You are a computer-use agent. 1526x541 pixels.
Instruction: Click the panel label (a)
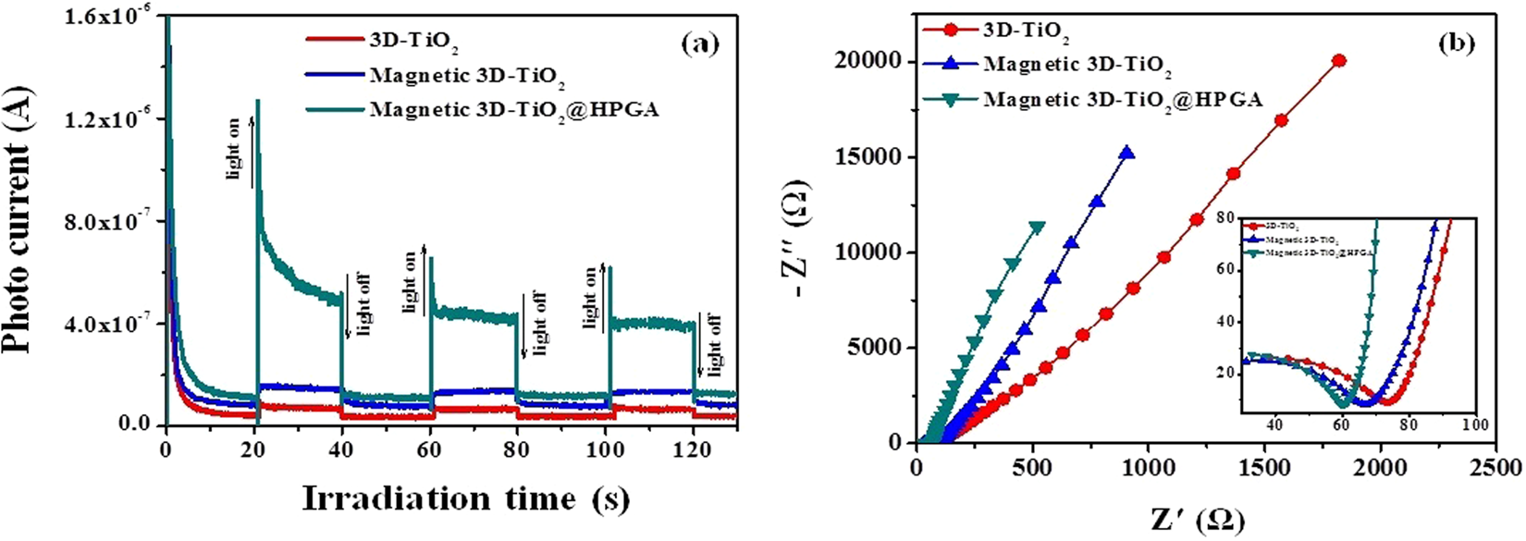(x=699, y=44)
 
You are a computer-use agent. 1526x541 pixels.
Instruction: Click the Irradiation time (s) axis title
(x=465, y=499)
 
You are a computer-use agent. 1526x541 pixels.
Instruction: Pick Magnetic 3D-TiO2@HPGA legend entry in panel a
(x=514, y=110)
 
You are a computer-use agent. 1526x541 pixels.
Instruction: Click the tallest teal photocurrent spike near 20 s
(x=257, y=100)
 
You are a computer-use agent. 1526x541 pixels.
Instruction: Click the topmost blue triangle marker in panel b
(x=1126, y=154)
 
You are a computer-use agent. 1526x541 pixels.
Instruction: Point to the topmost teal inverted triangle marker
(x=1038, y=227)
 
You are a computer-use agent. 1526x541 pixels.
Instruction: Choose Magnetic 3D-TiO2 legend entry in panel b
(x=1077, y=66)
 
